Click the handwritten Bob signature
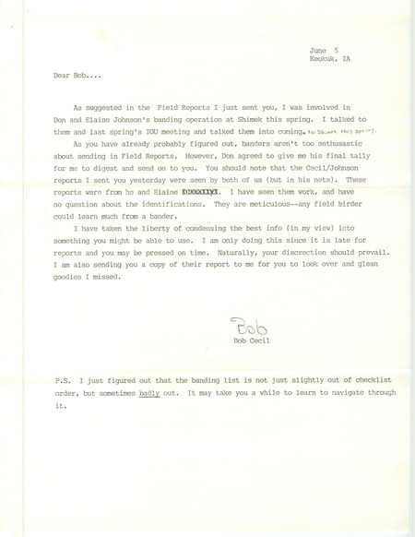pos(249,327)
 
